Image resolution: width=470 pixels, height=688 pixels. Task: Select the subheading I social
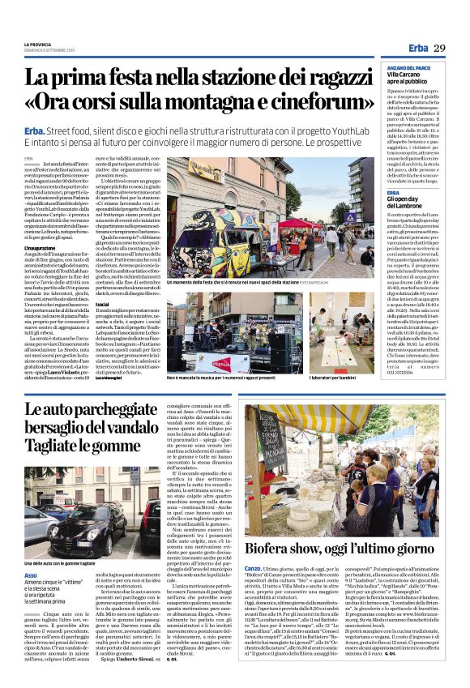pos(104,298)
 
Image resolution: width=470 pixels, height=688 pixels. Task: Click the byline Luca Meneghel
pos(110,378)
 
